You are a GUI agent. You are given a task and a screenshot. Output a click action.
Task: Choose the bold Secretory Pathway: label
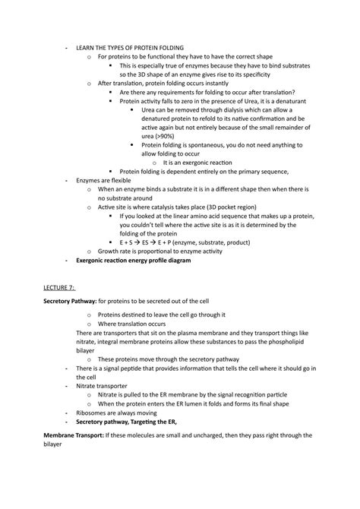pyautogui.click(x=71, y=302)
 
